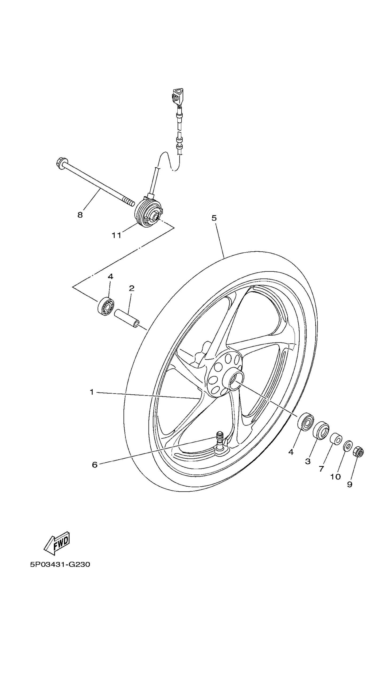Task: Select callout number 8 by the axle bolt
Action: point(80,215)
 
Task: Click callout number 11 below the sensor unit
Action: point(116,235)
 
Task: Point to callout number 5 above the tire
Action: point(214,218)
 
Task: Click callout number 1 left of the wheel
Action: point(92,392)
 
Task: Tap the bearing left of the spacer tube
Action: point(106,306)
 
